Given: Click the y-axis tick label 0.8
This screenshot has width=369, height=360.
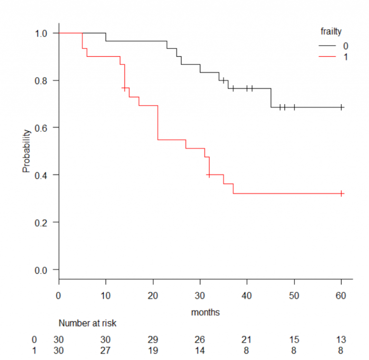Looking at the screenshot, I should click(43, 80).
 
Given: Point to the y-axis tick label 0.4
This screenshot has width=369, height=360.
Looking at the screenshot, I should click(43, 175).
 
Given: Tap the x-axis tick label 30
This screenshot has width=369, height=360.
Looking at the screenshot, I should click(200, 296).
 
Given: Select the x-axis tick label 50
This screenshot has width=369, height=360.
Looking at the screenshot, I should click(294, 296).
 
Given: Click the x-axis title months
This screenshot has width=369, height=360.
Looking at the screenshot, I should click(205, 312).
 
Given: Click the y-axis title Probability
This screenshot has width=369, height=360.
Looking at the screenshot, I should click(27, 151).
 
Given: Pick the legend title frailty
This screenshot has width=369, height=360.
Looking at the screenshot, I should click(331, 32).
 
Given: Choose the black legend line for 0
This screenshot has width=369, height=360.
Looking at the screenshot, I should click(327, 46).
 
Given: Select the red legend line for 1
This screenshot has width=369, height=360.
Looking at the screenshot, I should click(327, 57).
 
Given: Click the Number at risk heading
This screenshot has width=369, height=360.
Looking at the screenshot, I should click(87, 324).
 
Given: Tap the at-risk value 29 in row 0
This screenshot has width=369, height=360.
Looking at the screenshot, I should click(153, 340).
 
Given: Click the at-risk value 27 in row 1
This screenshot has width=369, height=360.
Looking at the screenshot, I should click(105, 350).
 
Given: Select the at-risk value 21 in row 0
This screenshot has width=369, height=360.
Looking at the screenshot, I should click(247, 340).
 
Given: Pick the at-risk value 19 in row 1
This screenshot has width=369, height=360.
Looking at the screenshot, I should click(153, 350).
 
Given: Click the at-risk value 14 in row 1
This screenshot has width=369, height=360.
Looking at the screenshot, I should click(200, 350).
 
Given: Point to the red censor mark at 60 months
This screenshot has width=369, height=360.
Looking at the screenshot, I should click(341, 193).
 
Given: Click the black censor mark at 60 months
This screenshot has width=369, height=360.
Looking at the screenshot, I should click(341, 107).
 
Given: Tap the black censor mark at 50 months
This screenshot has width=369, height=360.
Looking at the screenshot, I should click(294, 107).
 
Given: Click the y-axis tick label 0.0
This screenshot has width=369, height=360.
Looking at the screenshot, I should click(43, 270).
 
